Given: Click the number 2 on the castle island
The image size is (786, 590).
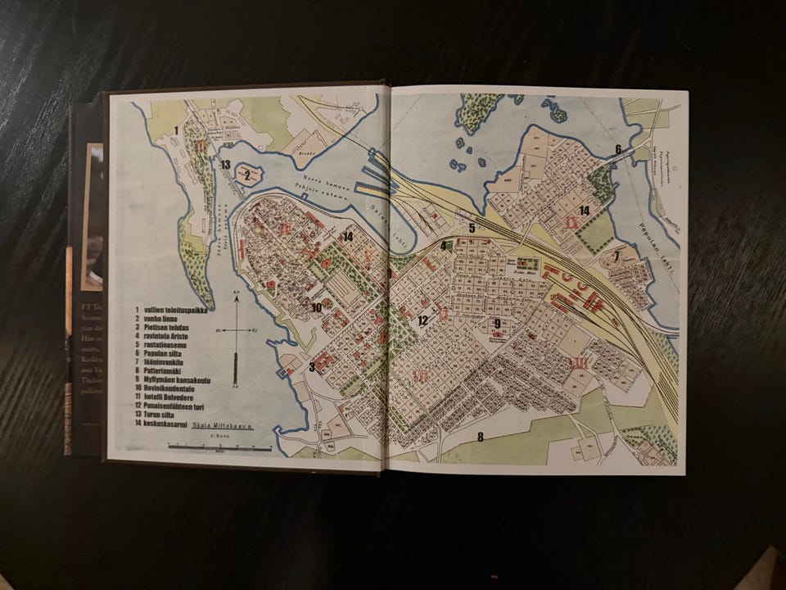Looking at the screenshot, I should (246, 174).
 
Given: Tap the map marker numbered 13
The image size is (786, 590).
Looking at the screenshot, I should (225, 165).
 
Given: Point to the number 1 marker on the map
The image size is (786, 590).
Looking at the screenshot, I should (176, 130).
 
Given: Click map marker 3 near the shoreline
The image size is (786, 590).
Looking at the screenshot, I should (311, 366).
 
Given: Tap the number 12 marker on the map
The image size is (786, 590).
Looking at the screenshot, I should (422, 320).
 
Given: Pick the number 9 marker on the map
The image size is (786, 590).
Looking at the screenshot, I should (497, 324).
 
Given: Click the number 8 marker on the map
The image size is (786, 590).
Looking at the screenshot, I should (481, 436).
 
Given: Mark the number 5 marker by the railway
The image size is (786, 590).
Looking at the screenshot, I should (472, 228).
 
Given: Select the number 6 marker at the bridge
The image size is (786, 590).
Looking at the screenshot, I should (619, 149).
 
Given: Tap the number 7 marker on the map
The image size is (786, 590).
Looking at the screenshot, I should (616, 256).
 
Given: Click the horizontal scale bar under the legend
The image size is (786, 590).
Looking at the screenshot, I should (219, 447).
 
